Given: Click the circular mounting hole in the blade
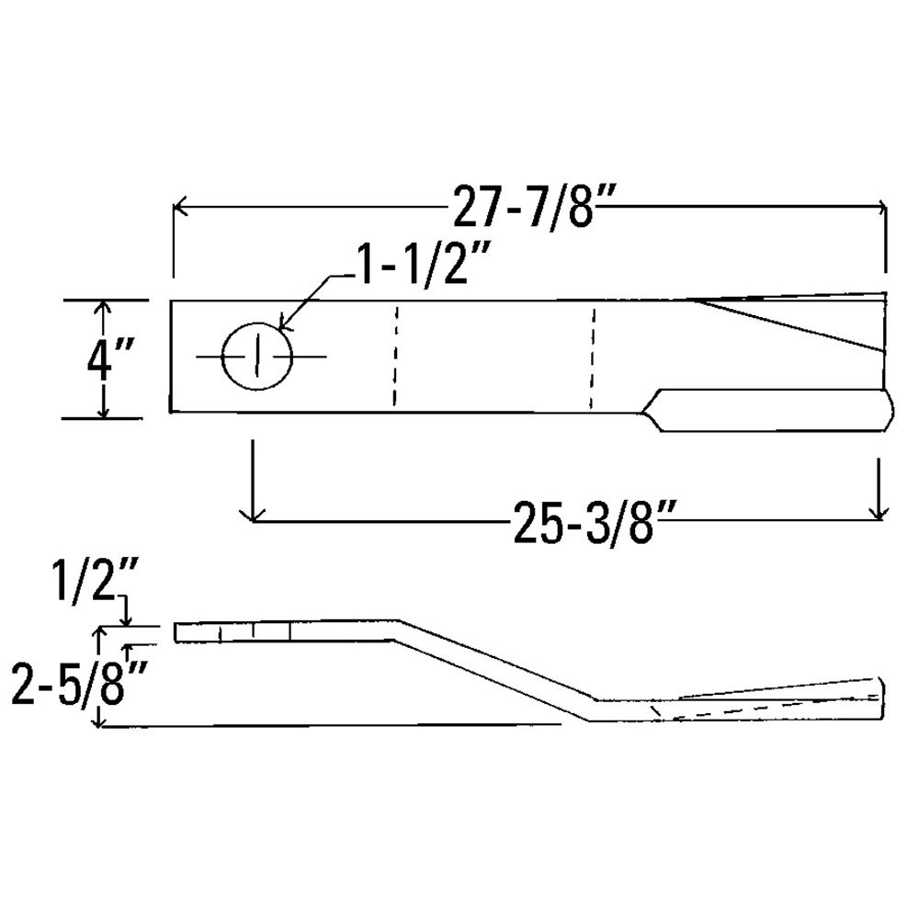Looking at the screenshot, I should point(257,356).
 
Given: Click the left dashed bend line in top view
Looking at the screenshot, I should point(395,356).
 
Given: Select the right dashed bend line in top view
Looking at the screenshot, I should point(593,358).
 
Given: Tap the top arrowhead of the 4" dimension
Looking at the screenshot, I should point(104,307).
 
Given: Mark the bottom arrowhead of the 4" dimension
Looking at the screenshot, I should point(104,411).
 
